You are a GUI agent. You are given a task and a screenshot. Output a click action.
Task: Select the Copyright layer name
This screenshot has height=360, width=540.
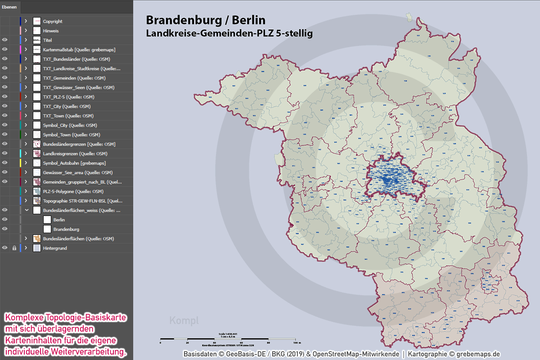tap(53, 21)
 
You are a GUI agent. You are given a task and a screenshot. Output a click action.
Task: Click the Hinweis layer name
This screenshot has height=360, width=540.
tap(51, 31)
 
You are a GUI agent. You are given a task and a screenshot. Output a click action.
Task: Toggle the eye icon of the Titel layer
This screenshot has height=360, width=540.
tap(5, 40)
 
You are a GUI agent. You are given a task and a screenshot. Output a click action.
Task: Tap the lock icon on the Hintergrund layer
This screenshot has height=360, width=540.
tap(14, 248)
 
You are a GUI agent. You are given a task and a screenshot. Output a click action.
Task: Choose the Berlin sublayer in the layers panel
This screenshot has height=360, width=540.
tap(59, 220)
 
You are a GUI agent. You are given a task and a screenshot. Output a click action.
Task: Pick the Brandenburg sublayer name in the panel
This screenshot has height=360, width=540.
tap(66, 229)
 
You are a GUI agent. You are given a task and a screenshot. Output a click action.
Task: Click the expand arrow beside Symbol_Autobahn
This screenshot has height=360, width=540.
tap(26, 163)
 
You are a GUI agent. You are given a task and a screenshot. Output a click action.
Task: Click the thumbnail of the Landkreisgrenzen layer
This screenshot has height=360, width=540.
tap(37, 153)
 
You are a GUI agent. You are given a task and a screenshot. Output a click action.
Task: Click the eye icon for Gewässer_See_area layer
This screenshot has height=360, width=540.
tap(5, 172)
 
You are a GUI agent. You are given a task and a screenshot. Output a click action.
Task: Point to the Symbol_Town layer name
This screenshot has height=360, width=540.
tap(72, 135)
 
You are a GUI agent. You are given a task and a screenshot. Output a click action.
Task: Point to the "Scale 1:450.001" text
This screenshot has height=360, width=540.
tap(229, 333)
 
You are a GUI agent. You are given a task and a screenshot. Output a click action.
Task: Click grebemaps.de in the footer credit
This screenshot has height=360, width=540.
tap(478, 354)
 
